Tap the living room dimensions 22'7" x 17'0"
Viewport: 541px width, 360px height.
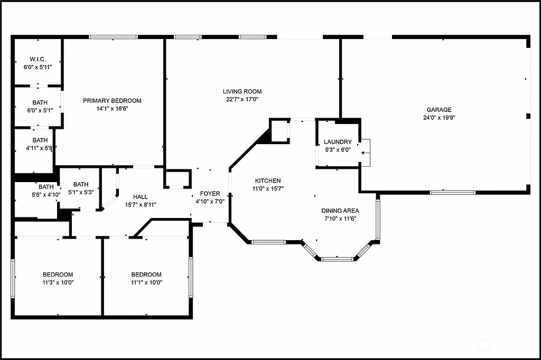pos(242,99)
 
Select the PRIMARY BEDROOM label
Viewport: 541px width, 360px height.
pos(112,101)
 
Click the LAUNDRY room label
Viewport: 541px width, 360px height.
pos(338,142)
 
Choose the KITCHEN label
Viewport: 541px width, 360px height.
pos(268,181)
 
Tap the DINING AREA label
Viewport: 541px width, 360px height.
pos(341,211)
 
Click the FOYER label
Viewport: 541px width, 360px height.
pos(210,194)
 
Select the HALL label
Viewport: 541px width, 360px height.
pos(140,196)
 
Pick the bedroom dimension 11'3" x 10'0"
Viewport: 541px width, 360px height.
pos(58,282)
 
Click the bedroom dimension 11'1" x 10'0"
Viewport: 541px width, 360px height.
pos(146,282)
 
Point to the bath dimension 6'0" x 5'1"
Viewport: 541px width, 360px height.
pos(40,110)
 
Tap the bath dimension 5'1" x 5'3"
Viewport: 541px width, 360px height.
pos(81,192)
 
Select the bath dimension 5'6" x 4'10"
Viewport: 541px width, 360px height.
pos(46,194)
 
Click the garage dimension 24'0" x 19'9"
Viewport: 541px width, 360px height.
pos(439,118)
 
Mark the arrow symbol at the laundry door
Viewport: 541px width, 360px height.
pos(364,153)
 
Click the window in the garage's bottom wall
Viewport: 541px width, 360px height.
pos(452,192)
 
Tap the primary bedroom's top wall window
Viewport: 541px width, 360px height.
pos(113,37)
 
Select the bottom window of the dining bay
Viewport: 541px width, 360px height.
pos(337,259)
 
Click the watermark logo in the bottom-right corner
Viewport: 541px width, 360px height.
pos(484,346)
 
